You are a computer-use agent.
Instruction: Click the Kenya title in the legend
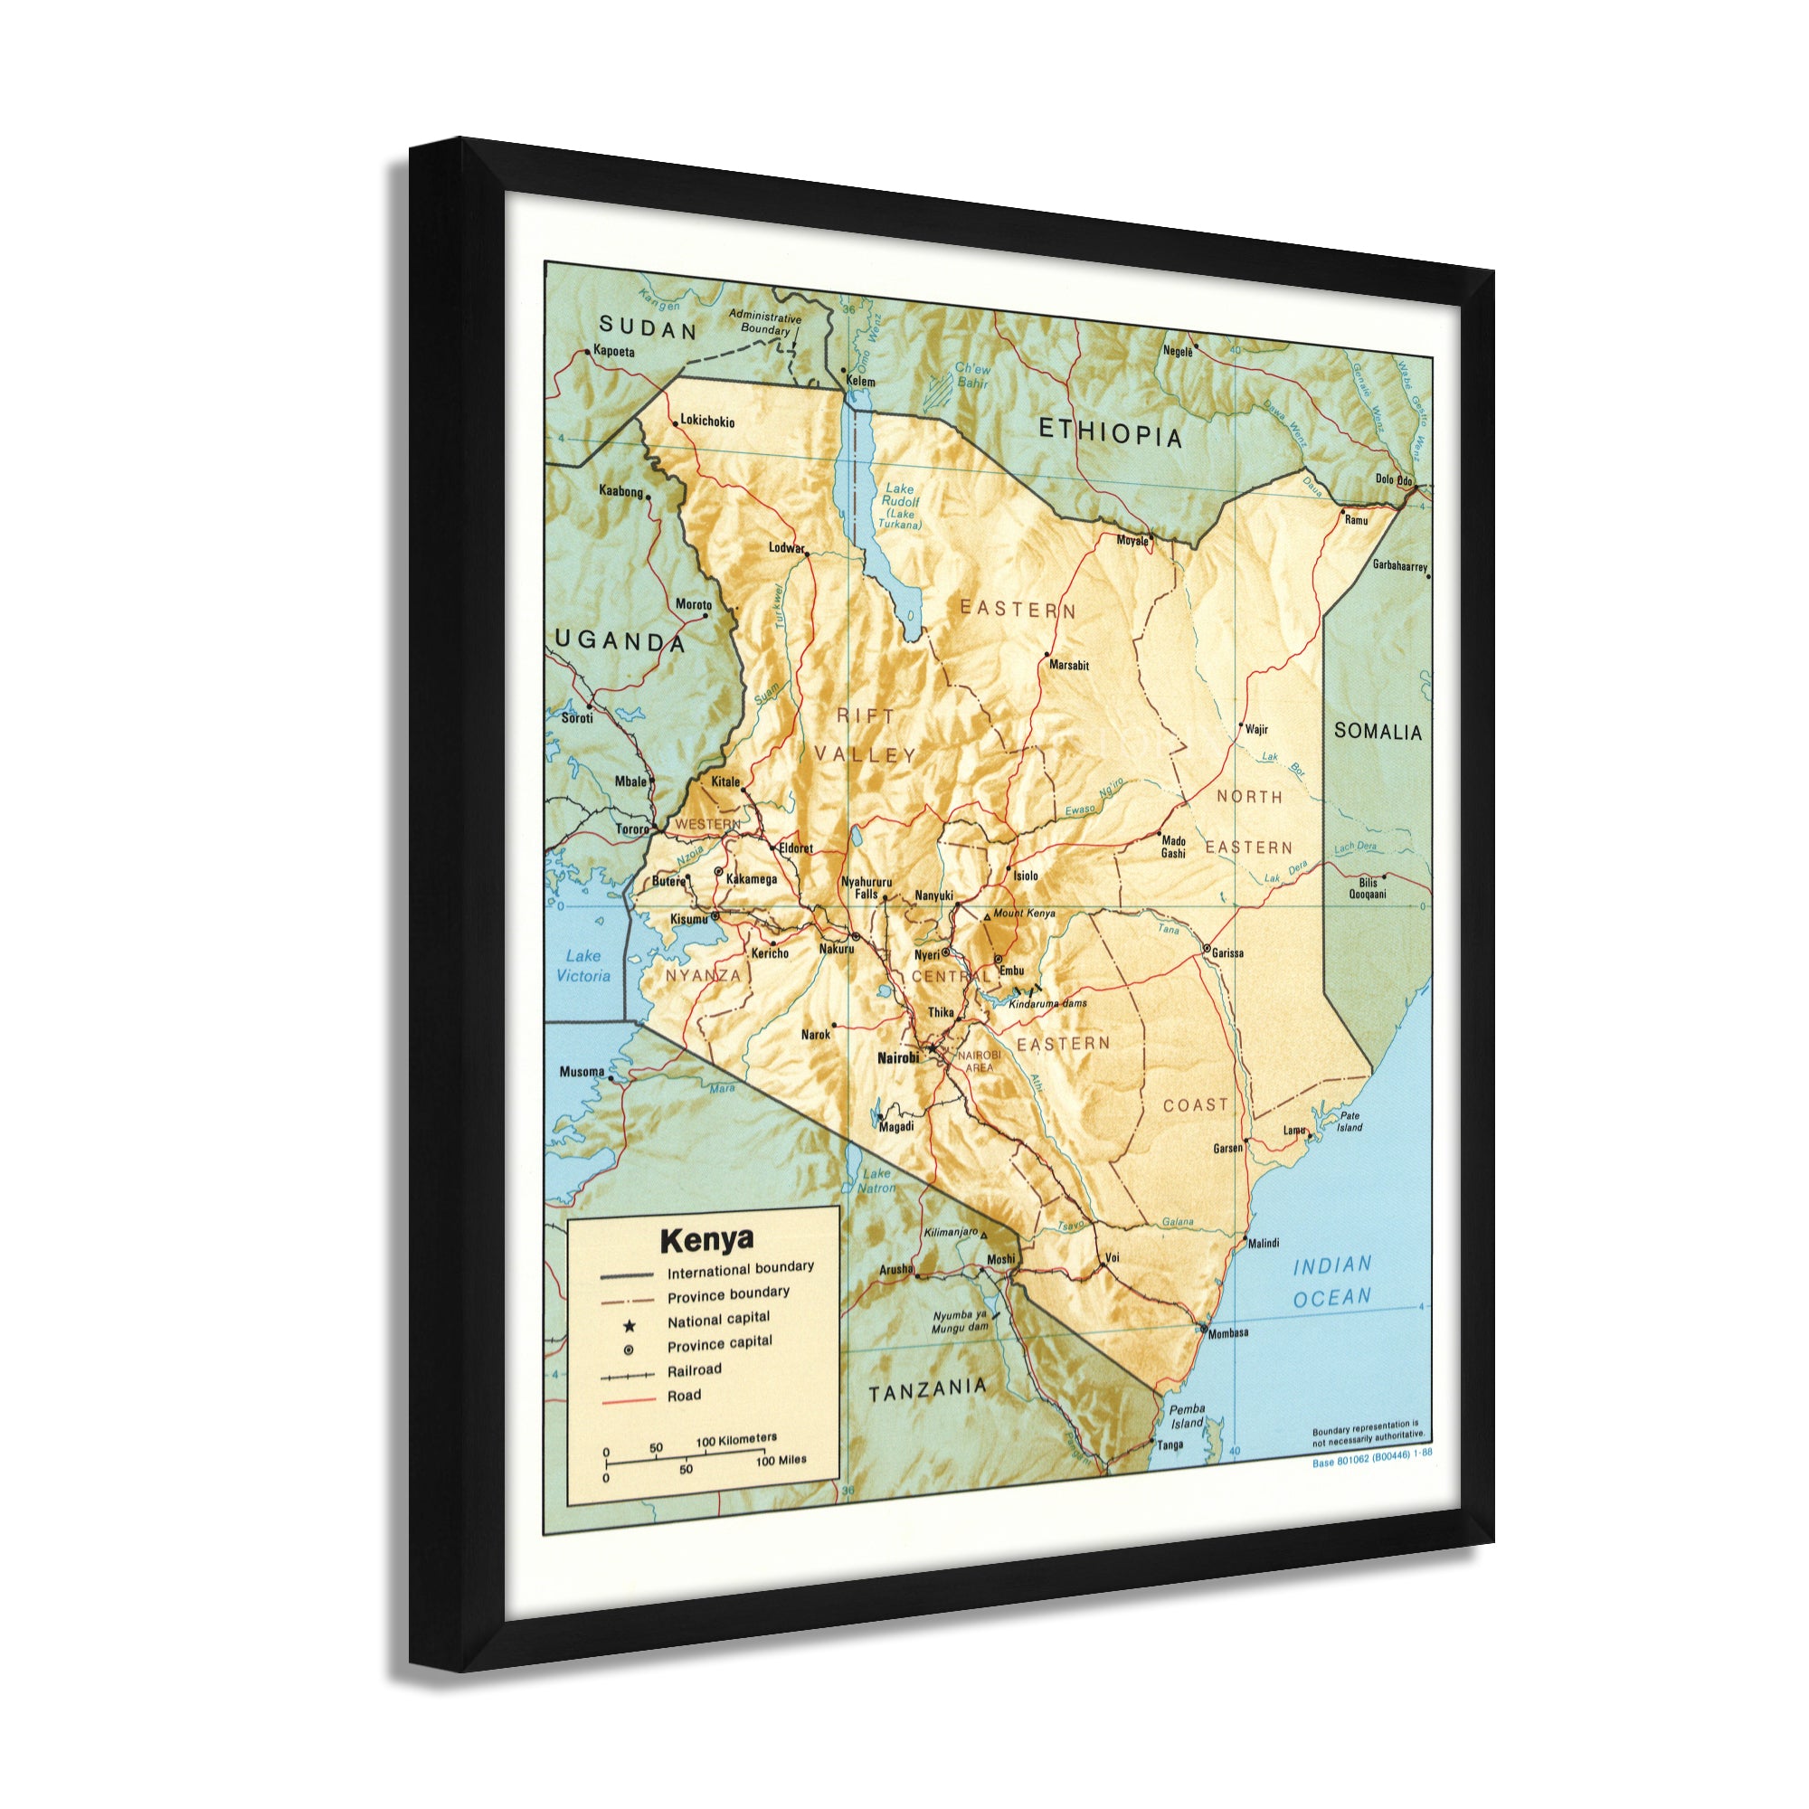click(x=706, y=1241)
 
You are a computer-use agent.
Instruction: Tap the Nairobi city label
click(x=897, y=1058)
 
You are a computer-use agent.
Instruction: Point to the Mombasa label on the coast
click(x=1227, y=1333)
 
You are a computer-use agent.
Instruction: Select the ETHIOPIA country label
click(x=1111, y=432)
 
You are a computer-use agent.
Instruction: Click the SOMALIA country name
click(x=1378, y=733)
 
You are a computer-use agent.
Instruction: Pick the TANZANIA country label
click(x=927, y=1390)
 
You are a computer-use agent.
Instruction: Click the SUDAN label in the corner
click(x=648, y=328)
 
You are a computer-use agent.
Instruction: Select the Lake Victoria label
click(x=582, y=966)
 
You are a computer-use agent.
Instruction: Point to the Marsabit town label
click(x=1068, y=666)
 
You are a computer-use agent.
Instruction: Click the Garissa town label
click(x=1227, y=953)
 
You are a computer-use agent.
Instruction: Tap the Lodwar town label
click(x=787, y=548)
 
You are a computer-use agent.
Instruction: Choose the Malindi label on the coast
click(x=1263, y=1244)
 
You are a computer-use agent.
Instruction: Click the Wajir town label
click(x=1256, y=729)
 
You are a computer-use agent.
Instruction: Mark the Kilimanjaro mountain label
click(x=951, y=1232)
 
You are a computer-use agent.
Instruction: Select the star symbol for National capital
click(x=630, y=1326)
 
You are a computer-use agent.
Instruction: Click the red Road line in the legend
click(x=628, y=1401)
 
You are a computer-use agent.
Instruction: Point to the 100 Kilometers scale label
click(x=736, y=1439)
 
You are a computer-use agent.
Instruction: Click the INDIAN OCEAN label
click(x=1331, y=1282)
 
